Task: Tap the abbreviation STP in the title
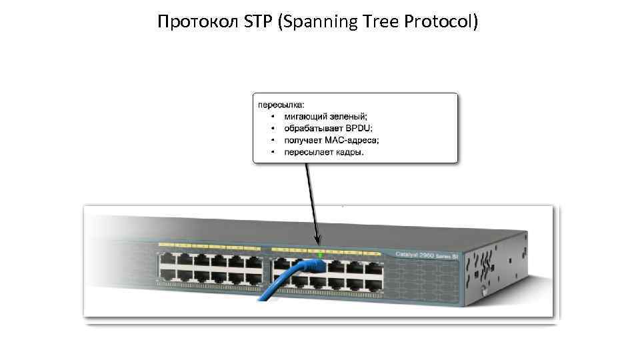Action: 251,23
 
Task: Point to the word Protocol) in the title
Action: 441,23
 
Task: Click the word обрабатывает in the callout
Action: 315,129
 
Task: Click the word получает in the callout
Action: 303,140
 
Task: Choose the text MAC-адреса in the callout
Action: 352,140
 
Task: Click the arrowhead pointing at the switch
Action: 319,241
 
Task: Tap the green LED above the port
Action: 321,255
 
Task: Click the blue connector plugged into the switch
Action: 313,267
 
